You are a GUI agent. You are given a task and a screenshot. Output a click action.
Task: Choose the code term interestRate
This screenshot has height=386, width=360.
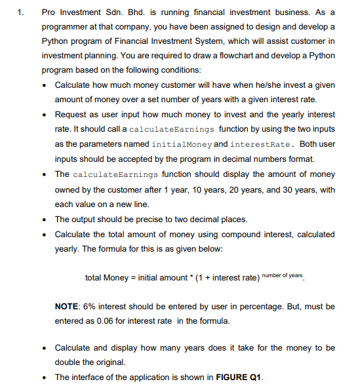click(260, 143)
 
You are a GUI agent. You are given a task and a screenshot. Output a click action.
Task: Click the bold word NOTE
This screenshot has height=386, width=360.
click(68, 306)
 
